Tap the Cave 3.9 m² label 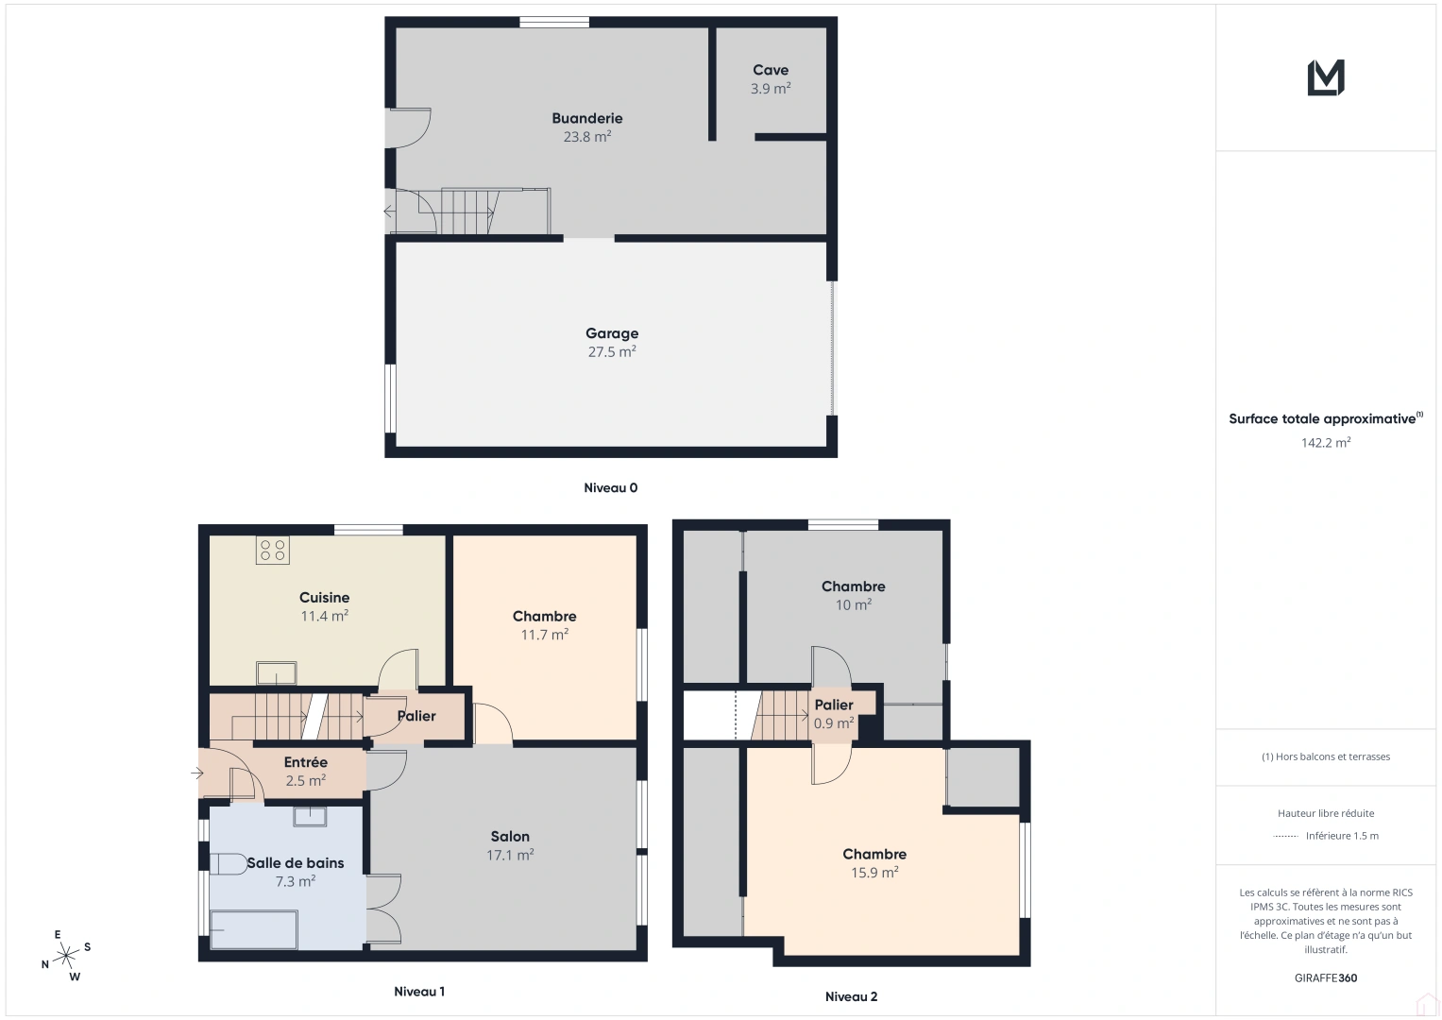coord(771,79)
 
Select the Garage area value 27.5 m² coord(612,352)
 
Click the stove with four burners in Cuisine coord(273,551)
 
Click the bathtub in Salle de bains coord(253,929)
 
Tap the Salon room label coord(510,837)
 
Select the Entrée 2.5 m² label coord(306,772)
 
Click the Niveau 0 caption coord(610,488)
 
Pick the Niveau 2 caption coord(851,996)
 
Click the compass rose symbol coord(66,957)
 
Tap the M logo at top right coord(1325,77)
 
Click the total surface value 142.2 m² coord(1325,443)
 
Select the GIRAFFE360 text coord(1325,978)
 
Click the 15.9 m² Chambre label coord(874,863)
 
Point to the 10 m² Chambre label coord(853,596)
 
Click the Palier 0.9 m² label coord(834,714)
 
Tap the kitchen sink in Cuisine coord(277,673)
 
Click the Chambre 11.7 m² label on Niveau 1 coord(545,625)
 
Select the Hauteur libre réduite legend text coord(1325,813)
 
